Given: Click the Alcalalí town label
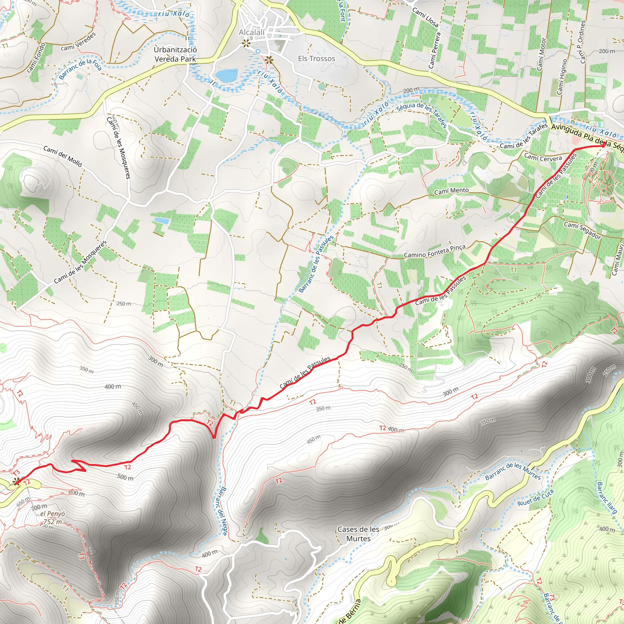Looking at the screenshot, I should pyautogui.click(x=252, y=32).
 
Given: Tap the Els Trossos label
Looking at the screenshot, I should pyautogui.click(x=316, y=58).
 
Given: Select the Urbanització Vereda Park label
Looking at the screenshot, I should pyautogui.click(x=175, y=54).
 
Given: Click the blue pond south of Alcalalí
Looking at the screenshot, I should pyautogui.click(x=226, y=76).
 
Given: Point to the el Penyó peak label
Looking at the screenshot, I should pyautogui.click(x=53, y=513).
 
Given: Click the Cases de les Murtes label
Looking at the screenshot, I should pyautogui.click(x=358, y=534).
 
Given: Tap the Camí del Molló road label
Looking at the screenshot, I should pyautogui.click(x=63, y=156).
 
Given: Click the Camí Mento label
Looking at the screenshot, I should pyautogui.click(x=451, y=191).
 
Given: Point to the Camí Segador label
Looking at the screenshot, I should pyautogui.click(x=582, y=231).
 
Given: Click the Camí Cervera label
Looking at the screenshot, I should pyautogui.click(x=543, y=158).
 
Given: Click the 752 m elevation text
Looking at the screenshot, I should pyautogui.click(x=53, y=522).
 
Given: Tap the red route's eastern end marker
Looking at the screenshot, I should pyautogui.click(x=603, y=145).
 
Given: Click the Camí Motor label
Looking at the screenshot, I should pyautogui.click(x=541, y=54).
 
